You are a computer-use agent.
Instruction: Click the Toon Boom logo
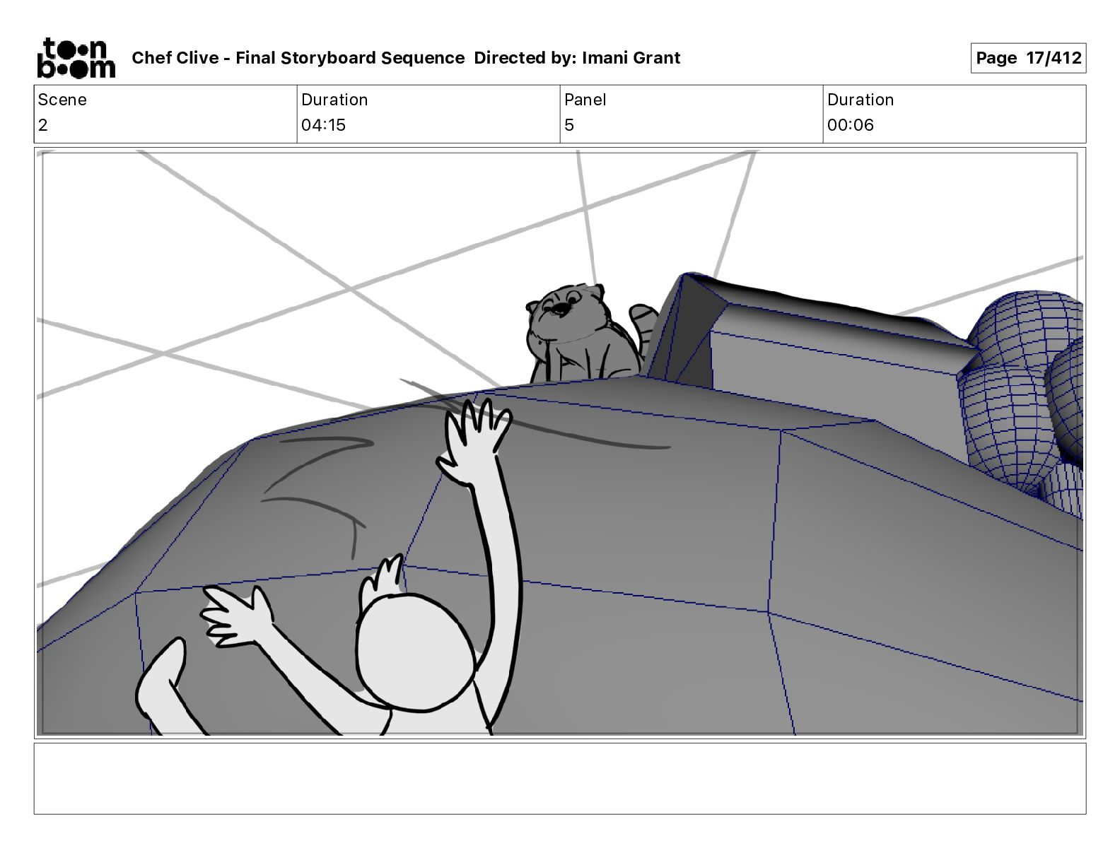click(x=75, y=58)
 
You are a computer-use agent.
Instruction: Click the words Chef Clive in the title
click(x=175, y=58)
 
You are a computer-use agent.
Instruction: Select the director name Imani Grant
click(x=631, y=58)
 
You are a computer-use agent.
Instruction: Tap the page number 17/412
click(x=1054, y=58)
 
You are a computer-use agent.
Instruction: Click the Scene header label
click(x=62, y=100)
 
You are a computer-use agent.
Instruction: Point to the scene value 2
click(x=43, y=125)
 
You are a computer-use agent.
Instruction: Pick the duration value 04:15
click(x=323, y=125)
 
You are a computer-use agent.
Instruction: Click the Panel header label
click(x=585, y=100)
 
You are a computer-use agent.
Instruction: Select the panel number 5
click(x=569, y=125)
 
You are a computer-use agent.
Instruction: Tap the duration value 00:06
click(x=851, y=125)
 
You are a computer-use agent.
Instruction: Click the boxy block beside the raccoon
click(x=813, y=339)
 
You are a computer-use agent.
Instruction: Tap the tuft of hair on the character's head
click(x=385, y=577)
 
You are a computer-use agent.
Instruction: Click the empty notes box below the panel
click(x=559, y=778)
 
